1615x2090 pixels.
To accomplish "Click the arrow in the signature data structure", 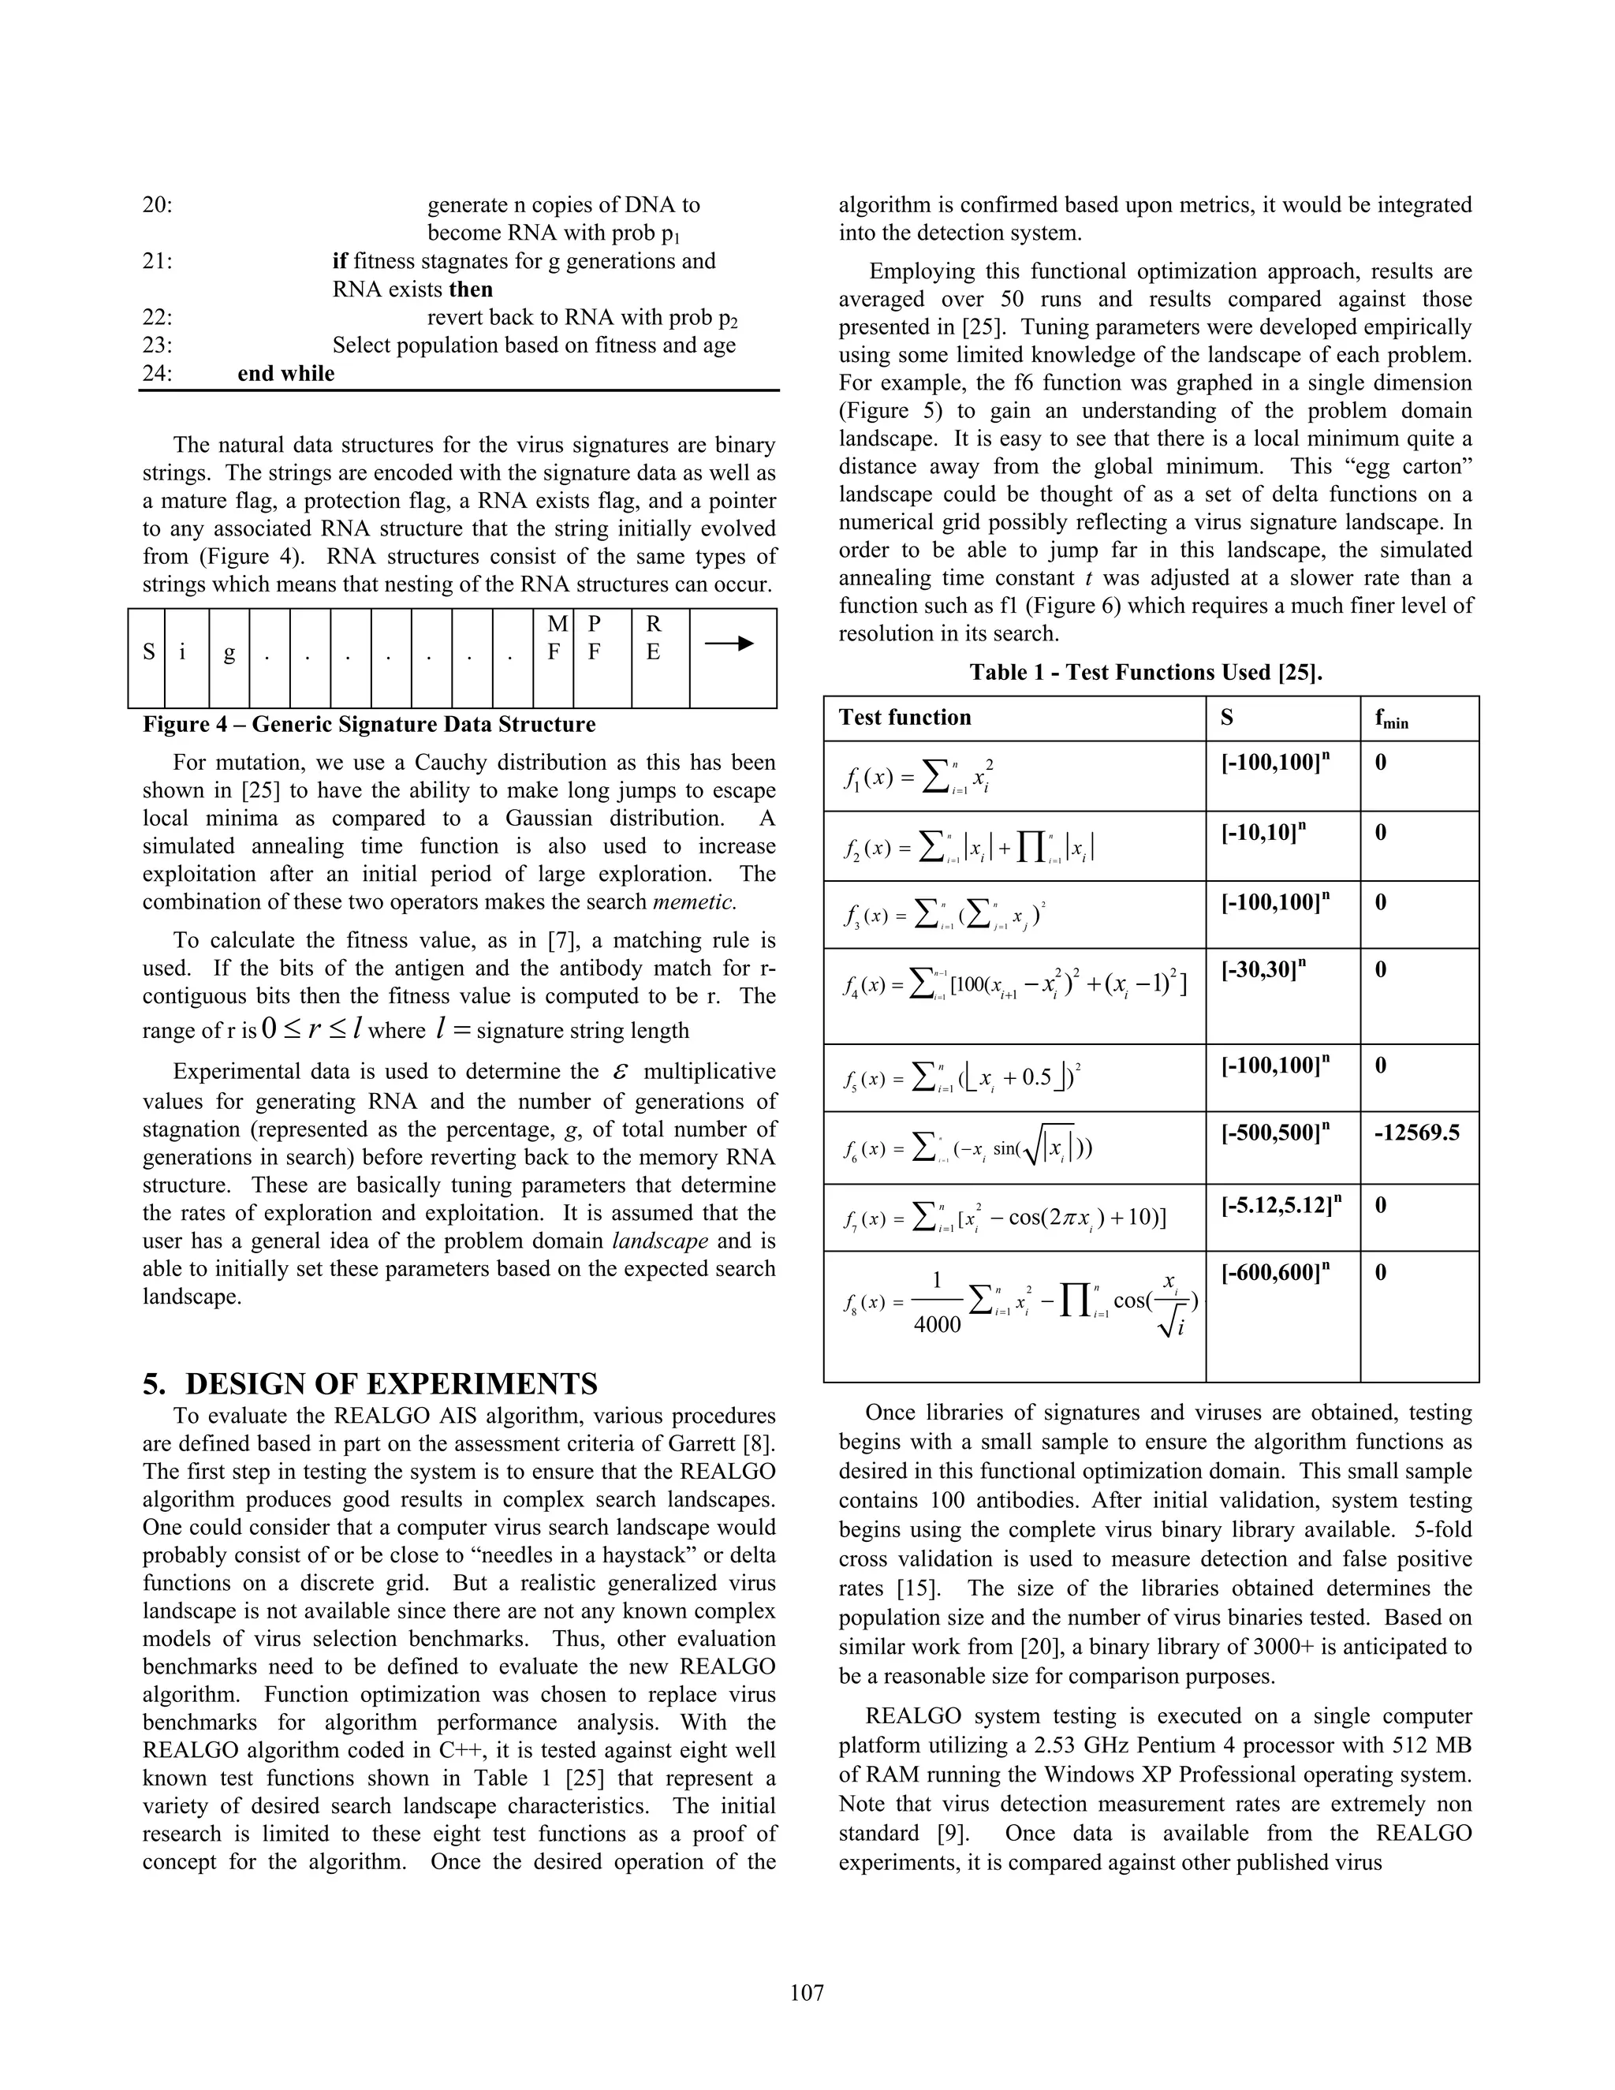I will click(730, 644).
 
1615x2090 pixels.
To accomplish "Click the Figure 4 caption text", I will click(369, 725).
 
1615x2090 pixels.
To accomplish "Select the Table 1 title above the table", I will click(1145, 673).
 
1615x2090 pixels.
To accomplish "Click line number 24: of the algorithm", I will click(157, 373).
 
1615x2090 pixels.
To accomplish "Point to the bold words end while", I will click(285, 373).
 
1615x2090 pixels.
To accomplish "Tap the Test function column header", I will click(904, 718).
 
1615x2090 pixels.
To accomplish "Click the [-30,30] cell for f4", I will click(1265, 970).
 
